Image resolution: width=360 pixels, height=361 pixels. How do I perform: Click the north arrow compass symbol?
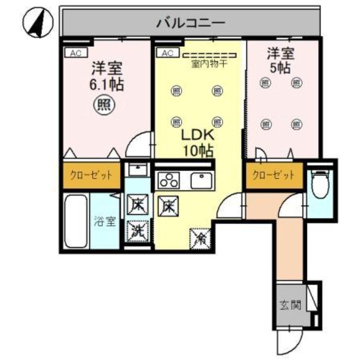(38, 23)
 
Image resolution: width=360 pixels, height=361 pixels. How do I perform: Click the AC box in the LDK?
(167, 53)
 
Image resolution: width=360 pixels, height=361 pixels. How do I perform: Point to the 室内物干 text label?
(209, 64)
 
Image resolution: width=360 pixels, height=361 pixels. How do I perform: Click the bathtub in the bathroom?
(75, 221)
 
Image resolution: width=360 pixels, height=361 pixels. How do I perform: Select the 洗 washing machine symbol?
(138, 230)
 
